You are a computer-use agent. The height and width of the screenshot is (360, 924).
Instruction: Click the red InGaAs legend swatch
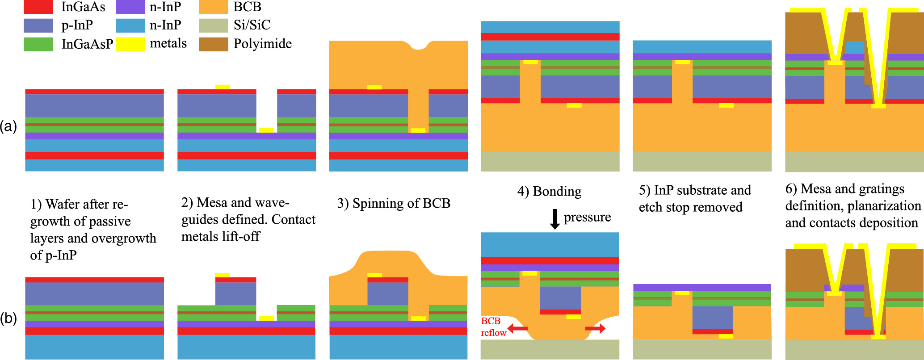pyautogui.click(x=38, y=7)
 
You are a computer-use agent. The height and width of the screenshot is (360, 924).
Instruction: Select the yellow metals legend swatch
pyautogui.click(x=130, y=44)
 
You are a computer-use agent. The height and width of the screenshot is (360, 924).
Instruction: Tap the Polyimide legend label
pyautogui.click(x=262, y=44)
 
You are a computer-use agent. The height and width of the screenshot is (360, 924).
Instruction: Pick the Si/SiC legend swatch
pyautogui.click(x=213, y=25)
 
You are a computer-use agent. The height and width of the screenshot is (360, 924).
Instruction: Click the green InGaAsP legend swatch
pyautogui.click(x=38, y=44)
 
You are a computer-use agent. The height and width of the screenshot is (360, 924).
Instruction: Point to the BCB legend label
pyautogui.click(x=247, y=7)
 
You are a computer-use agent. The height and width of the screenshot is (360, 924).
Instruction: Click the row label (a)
pyautogui.click(x=8, y=126)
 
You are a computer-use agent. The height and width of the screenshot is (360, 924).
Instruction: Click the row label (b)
pyautogui.click(x=8, y=318)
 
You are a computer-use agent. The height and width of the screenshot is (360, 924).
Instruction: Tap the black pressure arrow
pyautogui.click(x=554, y=219)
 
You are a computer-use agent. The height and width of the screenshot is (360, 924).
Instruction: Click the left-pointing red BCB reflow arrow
pyautogui.click(x=517, y=329)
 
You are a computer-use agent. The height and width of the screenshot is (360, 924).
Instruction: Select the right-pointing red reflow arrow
pyautogui.click(x=596, y=329)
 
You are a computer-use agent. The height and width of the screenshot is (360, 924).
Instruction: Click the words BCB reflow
pyautogui.click(x=493, y=327)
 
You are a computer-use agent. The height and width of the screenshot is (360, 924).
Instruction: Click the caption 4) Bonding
pyautogui.click(x=549, y=192)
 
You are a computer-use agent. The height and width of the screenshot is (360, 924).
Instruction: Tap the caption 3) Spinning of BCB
pyautogui.click(x=393, y=203)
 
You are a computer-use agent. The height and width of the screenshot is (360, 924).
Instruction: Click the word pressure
pyautogui.click(x=587, y=217)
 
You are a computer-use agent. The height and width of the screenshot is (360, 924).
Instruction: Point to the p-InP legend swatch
pyautogui.click(x=38, y=25)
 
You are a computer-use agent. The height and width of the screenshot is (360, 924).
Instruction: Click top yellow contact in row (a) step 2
pyautogui.click(x=223, y=87)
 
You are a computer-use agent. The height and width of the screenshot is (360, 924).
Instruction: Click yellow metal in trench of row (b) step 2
pyautogui.click(x=266, y=318)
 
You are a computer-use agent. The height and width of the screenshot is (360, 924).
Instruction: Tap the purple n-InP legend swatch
pyautogui.click(x=130, y=7)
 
